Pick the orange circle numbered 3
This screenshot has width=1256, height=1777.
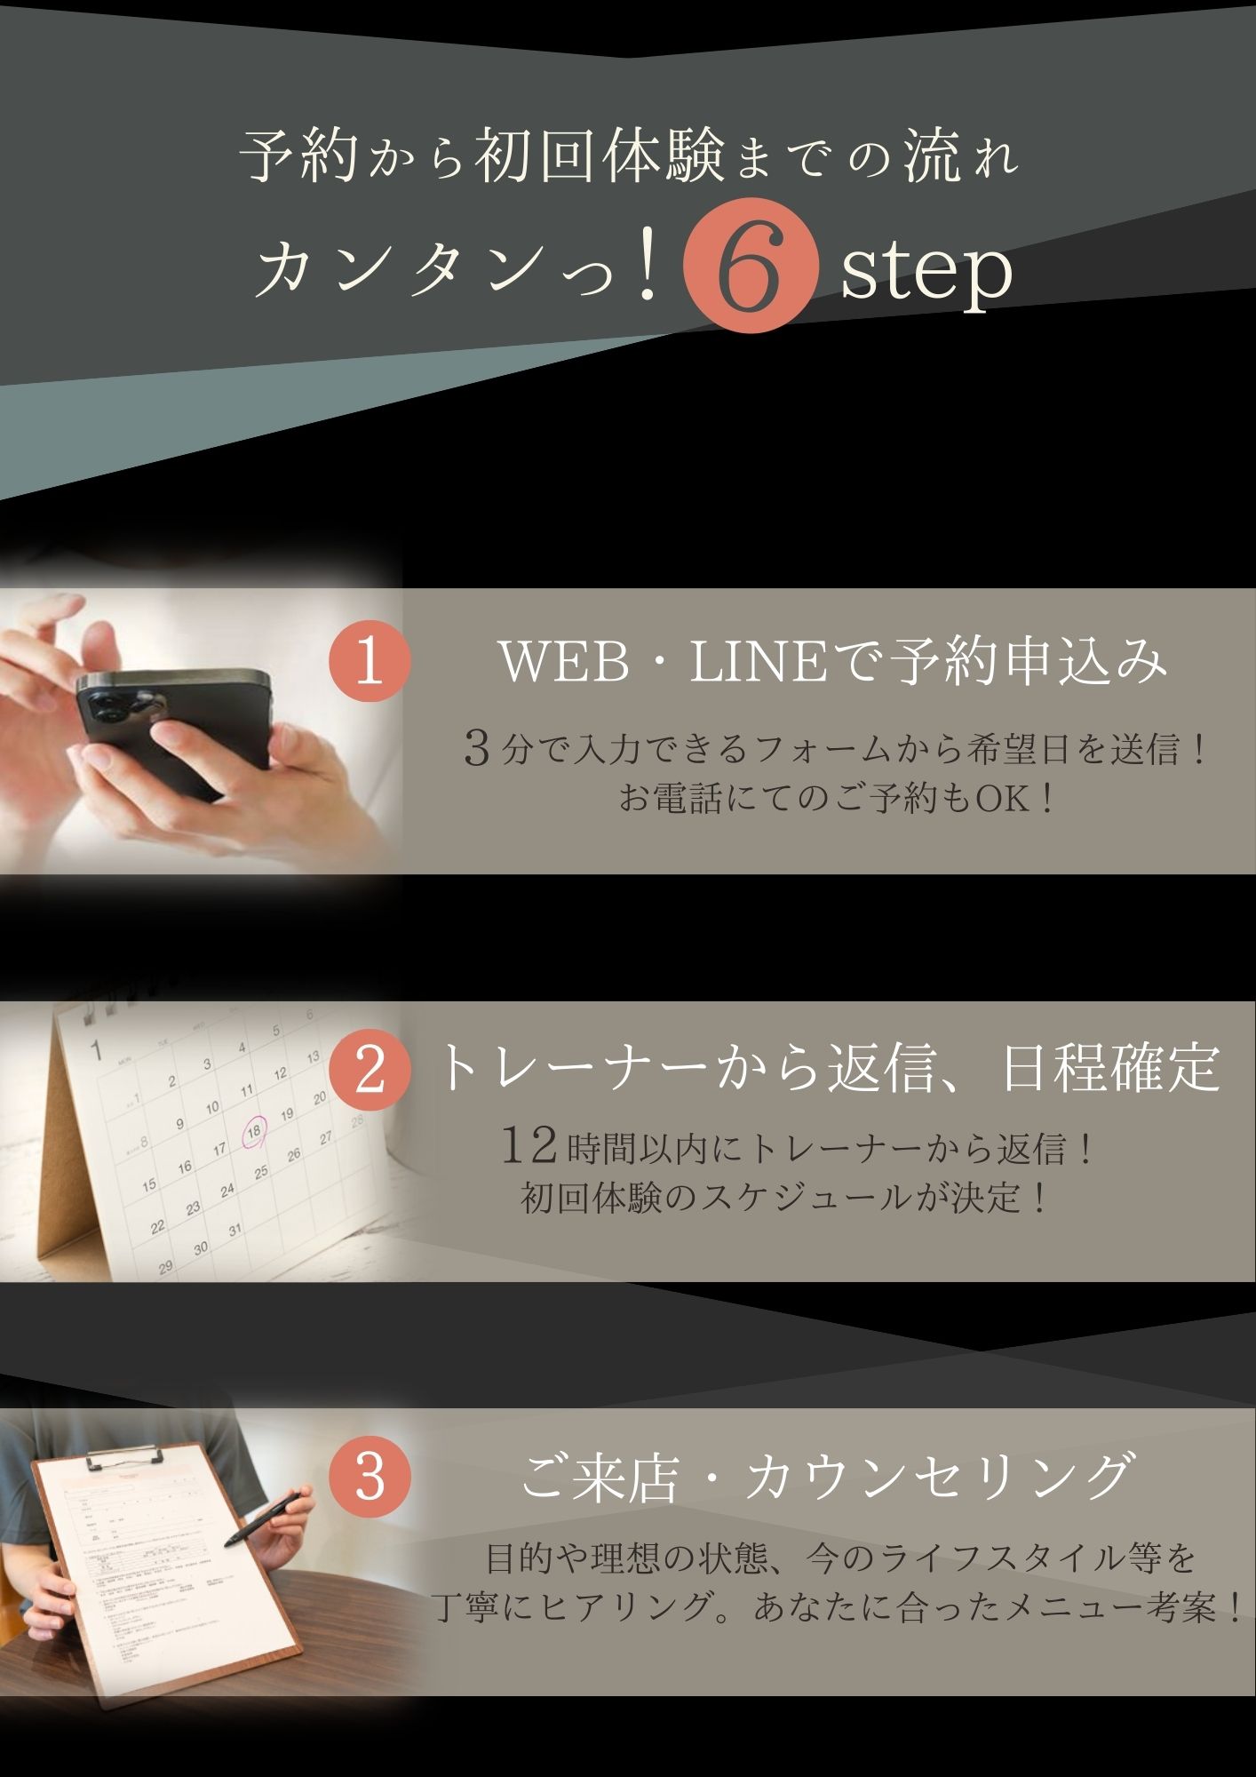coord(369,1478)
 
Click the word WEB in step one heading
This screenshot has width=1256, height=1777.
coord(566,663)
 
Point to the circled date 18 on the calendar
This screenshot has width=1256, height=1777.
coord(254,1133)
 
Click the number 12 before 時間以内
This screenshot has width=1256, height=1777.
coord(530,1146)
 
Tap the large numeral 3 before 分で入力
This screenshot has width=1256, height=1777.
coord(478,750)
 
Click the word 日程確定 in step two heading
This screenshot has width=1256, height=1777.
coord(1110,1069)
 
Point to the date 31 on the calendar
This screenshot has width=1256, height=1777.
coord(235,1231)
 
